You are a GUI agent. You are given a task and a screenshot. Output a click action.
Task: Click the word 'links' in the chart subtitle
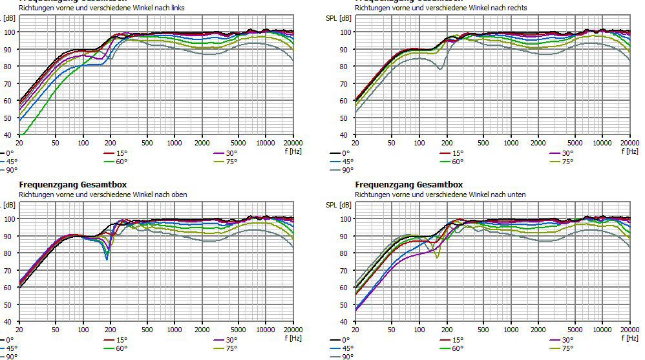coord(176,8)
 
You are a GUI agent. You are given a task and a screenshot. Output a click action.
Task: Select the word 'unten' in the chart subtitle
coord(516,194)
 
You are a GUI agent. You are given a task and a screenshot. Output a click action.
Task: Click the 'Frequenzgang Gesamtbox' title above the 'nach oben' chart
coord(73,185)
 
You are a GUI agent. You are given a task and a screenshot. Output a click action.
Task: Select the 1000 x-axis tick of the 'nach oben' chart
coord(174,329)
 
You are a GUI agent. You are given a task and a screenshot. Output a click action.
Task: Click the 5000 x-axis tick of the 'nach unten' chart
coord(575,329)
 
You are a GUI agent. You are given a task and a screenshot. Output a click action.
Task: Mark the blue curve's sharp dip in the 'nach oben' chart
coord(107,259)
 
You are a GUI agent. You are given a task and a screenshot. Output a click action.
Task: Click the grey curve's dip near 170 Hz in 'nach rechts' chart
coord(440,69)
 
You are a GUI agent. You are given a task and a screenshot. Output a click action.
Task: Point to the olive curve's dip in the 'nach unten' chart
coord(438,257)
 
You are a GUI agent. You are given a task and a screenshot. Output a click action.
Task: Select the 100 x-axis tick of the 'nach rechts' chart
coord(419,142)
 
